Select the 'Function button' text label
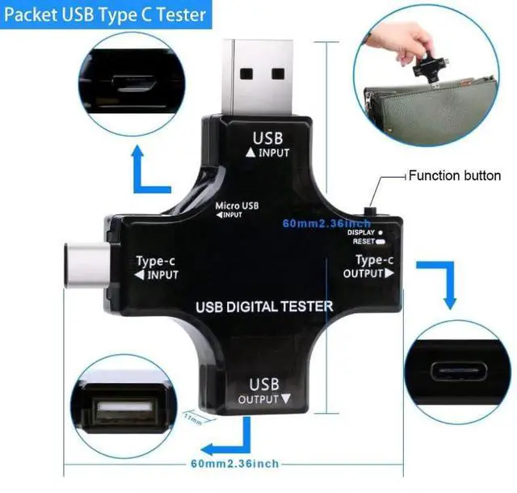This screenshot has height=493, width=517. click(x=454, y=175)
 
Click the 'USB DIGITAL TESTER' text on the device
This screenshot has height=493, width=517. click(x=264, y=306)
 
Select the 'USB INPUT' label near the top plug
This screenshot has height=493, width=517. click(x=268, y=144)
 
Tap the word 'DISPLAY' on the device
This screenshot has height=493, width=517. click(x=360, y=233)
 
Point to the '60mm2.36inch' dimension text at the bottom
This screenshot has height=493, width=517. click(x=235, y=463)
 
